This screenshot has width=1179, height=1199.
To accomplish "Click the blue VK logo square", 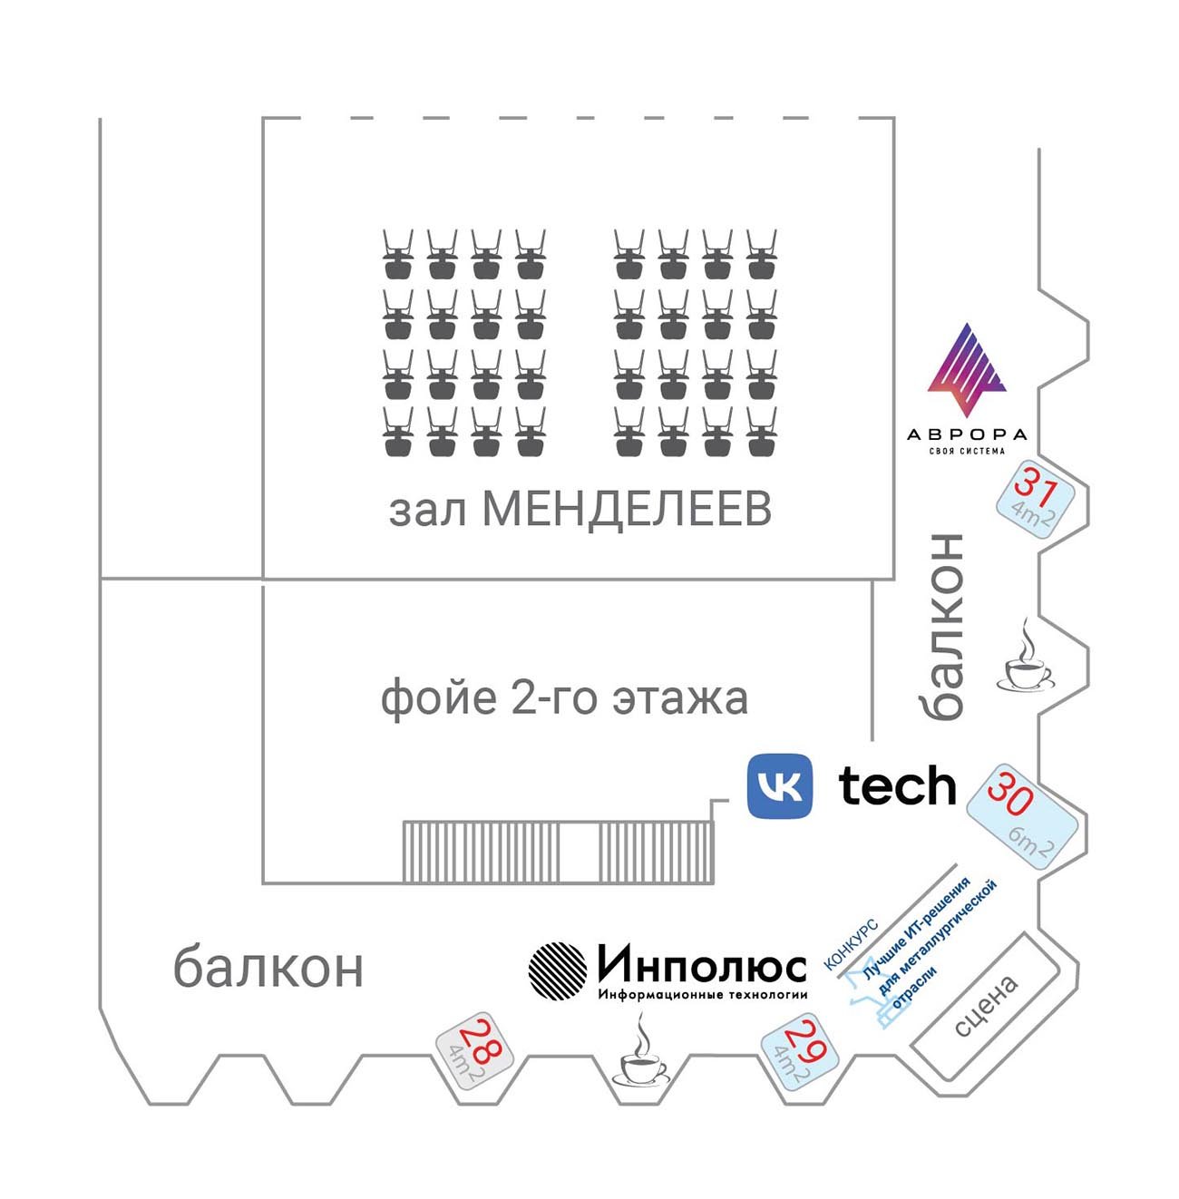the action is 779,785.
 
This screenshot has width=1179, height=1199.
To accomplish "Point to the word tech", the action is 897,785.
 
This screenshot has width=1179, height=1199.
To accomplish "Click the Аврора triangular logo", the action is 967,370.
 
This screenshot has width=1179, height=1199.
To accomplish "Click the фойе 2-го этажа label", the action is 564,698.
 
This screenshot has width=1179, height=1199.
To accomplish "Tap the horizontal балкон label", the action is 268,968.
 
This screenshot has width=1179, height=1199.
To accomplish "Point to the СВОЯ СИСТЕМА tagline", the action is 967,452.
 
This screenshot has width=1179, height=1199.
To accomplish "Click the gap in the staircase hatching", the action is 579,852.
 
